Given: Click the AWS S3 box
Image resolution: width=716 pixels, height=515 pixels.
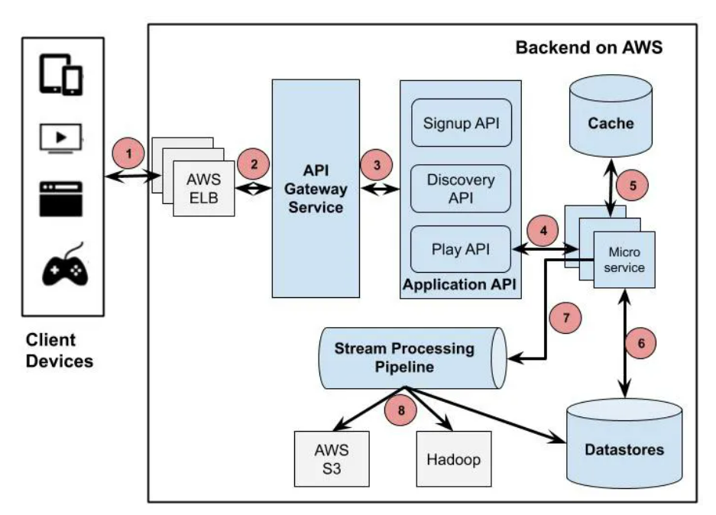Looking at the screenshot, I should pyautogui.click(x=330, y=457).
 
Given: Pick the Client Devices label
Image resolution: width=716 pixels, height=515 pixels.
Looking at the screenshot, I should pyautogui.click(x=60, y=350).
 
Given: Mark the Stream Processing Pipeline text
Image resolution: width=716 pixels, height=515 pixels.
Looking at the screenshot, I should pyautogui.click(x=404, y=358).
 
